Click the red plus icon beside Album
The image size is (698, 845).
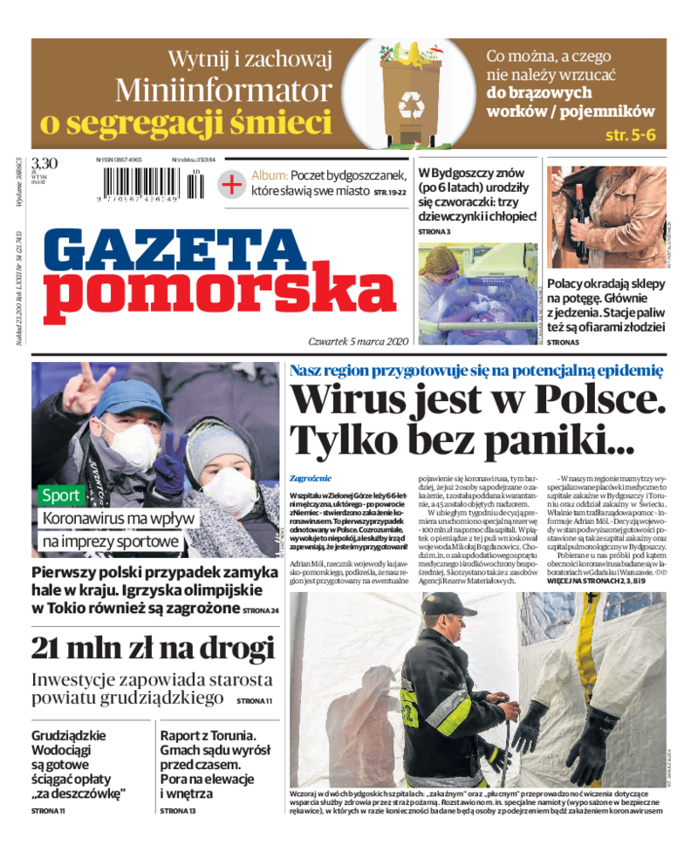pyautogui.click(x=231, y=184)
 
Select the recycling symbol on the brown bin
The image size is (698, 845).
pyautogui.click(x=411, y=105)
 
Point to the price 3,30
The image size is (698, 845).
pyautogui.click(x=44, y=163)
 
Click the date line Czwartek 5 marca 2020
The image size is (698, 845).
pyautogui.click(x=346, y=341)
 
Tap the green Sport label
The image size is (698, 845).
pyautogui.click(x=61, y=495)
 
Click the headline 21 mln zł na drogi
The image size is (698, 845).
pyautogui.click(x=154, y=647)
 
